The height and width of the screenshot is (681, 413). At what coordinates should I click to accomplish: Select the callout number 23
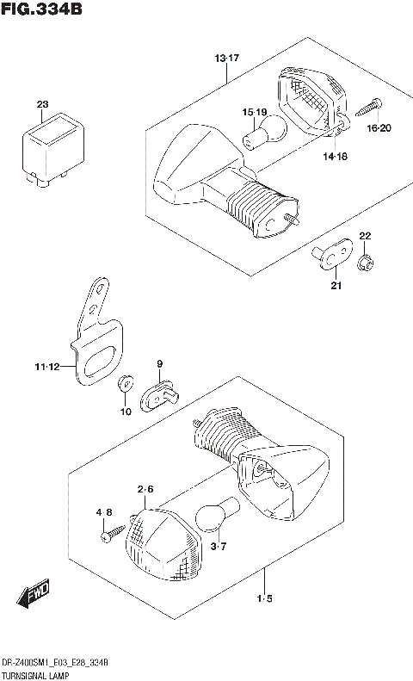42,104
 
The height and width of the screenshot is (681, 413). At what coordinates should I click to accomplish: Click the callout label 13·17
226,58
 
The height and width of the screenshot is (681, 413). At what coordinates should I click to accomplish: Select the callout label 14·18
336,157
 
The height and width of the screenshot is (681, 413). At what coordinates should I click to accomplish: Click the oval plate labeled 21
331,252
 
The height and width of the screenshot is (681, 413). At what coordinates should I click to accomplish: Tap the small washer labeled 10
126,381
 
